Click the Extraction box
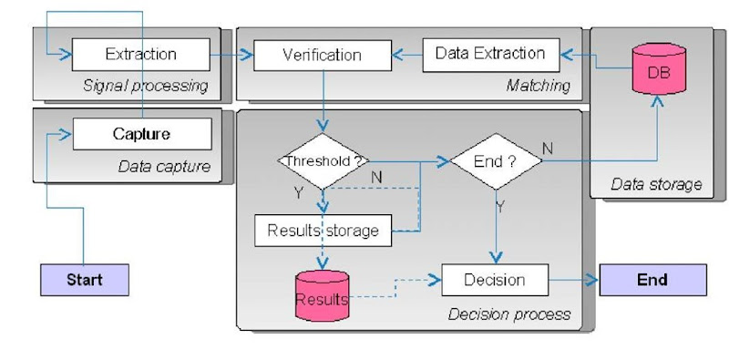click(140, 54)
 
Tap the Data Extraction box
click(489, 54)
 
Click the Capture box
click(141, 134)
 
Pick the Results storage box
click(323, 231)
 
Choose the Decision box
click(496, 280)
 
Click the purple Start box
click(84, 280)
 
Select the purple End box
click(652, 280)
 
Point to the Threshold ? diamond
click(322, 162)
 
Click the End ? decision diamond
click(496, 162)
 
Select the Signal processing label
click(145, 86)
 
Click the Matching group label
click(538, 86)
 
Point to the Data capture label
click(164, 166)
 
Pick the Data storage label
click(656, 184)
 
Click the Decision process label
click(509, 314)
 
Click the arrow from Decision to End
click(574, 280)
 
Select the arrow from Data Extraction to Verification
click(406, 56)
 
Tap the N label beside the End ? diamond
click(547, 146)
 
